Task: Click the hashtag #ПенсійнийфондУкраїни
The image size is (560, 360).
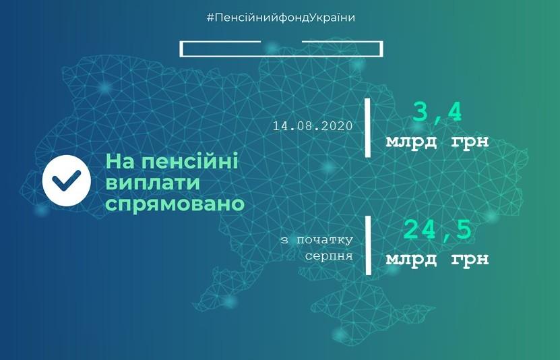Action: [281, 18]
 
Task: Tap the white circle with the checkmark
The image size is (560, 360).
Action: [67, 181]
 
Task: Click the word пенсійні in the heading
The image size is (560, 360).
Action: [190, 162]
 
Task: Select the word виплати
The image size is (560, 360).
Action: [153, 183]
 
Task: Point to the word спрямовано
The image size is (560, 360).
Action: [175, 204]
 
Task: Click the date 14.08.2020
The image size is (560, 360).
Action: [313, 126]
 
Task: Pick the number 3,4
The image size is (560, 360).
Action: [437, 113]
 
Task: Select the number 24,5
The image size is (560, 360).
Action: [437, 229]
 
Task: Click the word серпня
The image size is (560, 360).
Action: [329, 256]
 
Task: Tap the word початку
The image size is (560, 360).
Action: [325, 240]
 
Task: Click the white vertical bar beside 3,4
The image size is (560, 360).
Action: [367, 127]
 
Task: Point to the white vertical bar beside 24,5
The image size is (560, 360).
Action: [368, 245]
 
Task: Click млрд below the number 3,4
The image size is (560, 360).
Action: [411, 142]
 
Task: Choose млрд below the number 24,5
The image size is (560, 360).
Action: [411, 259]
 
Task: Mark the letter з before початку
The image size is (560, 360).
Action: [284, 240]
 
